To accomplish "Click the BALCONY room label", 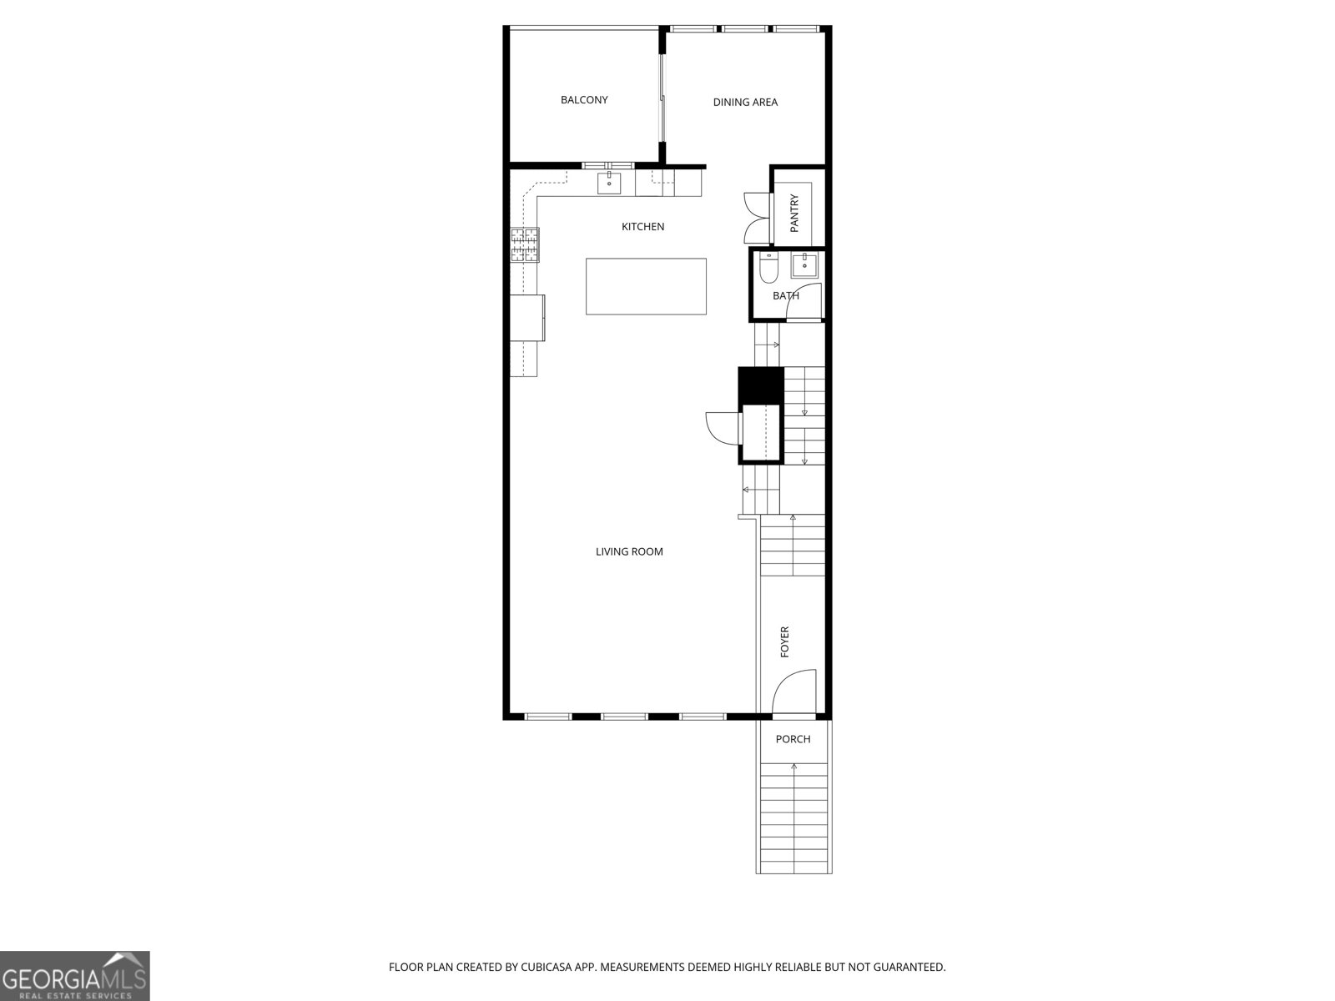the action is (x=584, y=99).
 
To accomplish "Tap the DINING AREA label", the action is (x=745, y=102).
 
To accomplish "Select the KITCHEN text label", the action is (x=642, y=227).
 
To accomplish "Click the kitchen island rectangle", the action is (x=646, y=286).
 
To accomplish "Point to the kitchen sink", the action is (x=609, y=183).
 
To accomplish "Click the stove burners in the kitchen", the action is (x=525, y=245).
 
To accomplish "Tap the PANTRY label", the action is (x=794, y=213).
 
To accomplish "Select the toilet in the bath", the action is (x=768, y=268).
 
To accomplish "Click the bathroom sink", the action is (x=804, y=265).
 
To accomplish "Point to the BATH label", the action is (x=786, y=296).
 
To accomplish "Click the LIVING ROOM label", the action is (x=629, y=552).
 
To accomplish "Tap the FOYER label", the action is (x=784, y=641).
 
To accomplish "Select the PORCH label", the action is (x=793, y=739).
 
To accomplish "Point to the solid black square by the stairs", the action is (x=760, y=385).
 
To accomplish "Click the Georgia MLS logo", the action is (x=75, y=976).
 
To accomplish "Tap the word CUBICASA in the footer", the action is (x=547, y=967).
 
